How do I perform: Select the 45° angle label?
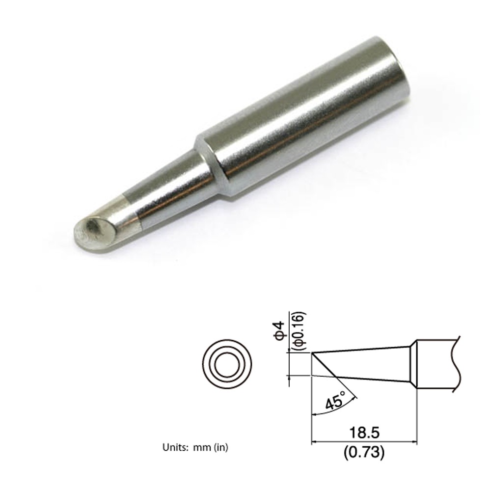(x=335, y=402)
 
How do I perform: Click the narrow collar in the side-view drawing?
(x=413, y=365)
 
